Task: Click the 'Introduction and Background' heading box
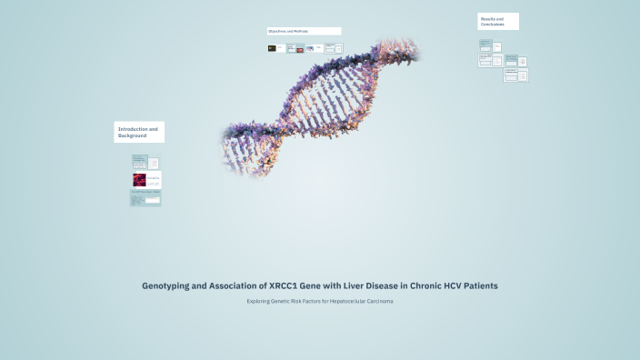coord(139,132)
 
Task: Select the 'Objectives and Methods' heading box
coord(304,31)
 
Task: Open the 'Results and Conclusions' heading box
coord(498,21)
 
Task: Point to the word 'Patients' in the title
coord(478,285)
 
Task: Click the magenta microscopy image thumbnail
coord(139,179)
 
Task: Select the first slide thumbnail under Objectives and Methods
coord(276,48)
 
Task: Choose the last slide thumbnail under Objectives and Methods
coord(330,48)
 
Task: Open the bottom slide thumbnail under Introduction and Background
coord(145,198)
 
